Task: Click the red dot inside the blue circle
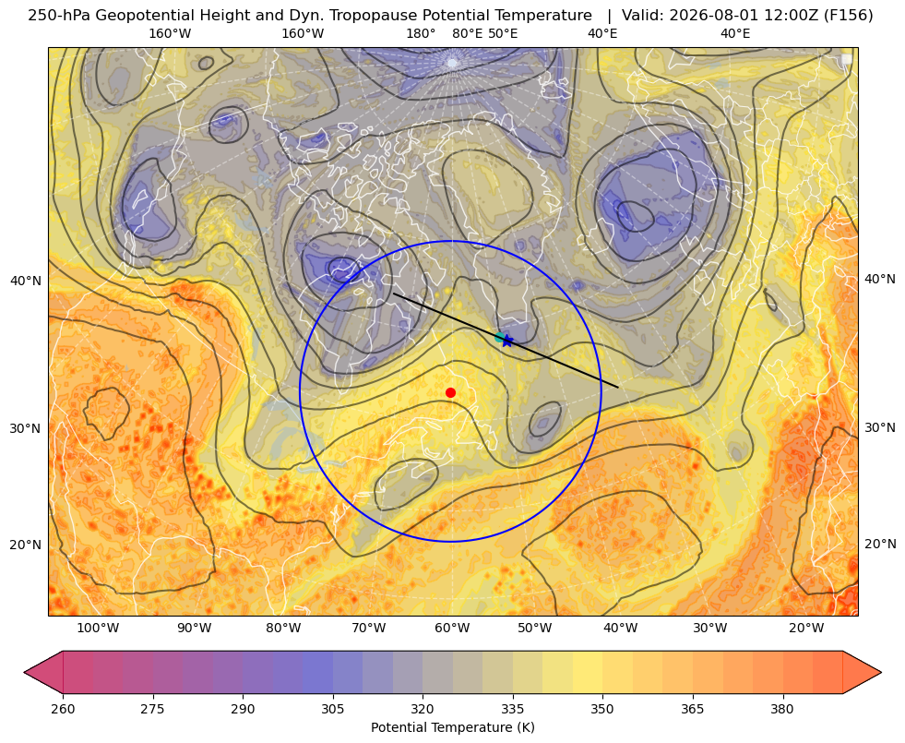coord(451,392)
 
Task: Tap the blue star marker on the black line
coord(506,341)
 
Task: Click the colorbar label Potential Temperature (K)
coord(452,727)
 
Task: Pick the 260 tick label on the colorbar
coord(63,709)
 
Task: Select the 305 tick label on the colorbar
coord(333,709)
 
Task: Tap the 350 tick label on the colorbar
coord(602,709)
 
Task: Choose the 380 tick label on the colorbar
coord(782,709)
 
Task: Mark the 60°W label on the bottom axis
coord(452,629)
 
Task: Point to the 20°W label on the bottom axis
coord(806,629)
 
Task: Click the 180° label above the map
coord(421,34)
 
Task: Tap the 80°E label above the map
coord(467,34)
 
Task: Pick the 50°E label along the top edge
coord(503,34)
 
